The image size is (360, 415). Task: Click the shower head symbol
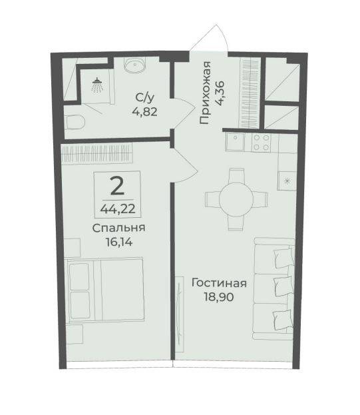click(98, 85)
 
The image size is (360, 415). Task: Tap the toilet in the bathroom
click(75, 122)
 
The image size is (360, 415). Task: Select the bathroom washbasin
click(135, 65)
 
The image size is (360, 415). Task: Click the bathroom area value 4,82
click(145, 111)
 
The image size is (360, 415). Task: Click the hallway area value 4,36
click(220, 93)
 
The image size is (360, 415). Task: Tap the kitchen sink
click(236, 143)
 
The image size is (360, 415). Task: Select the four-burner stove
click(261, 143)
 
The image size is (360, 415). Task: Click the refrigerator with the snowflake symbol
click(287, 181)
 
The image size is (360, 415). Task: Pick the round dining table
click(236, 199)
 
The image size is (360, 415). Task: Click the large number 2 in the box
click(117, 187)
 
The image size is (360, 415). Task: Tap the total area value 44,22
click(118, 209)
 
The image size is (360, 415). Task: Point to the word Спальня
click(118, 228)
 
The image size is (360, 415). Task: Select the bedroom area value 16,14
click(118, 242)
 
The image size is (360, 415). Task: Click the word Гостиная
click(219, 283)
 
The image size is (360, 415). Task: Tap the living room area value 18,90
click(219, 297)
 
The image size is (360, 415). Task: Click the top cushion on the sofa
click(284, 258)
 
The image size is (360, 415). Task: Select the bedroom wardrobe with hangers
click(96, 154)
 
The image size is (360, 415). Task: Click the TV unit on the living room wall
click(180, 314)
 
